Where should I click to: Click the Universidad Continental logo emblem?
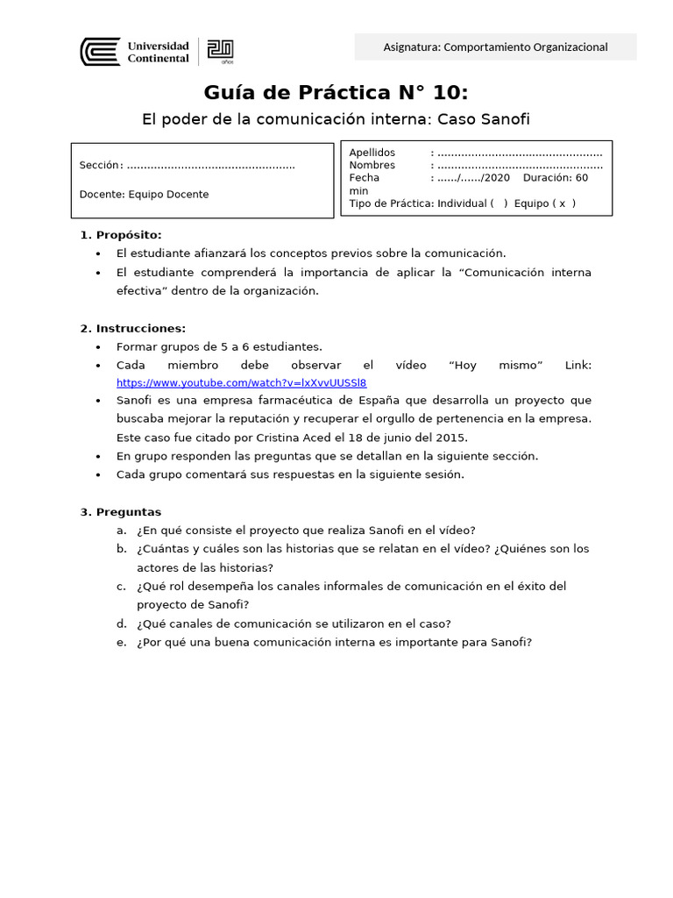(x=100, y=52)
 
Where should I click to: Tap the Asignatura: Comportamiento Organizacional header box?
(x=495, y=47)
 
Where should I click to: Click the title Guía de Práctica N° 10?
(x=336, y=93)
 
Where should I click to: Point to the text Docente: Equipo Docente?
(x=144, y=195)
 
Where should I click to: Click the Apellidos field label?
(x=372, y=153)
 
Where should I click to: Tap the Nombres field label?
(x=372, y=165)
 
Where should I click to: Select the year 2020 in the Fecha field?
(x=496, y=177)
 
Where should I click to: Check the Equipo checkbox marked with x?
(x=562, y=203)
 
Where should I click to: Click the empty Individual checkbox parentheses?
(x=499, y=203)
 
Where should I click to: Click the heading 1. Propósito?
(x=121, y=234)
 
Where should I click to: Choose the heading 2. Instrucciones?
(x=132, y=328)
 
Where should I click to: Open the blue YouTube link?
(x=241, y=382)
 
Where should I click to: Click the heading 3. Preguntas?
(x=121, y=511)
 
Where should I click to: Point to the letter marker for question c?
(x=121, y=586)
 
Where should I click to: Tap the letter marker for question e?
(x=121, y=642)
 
